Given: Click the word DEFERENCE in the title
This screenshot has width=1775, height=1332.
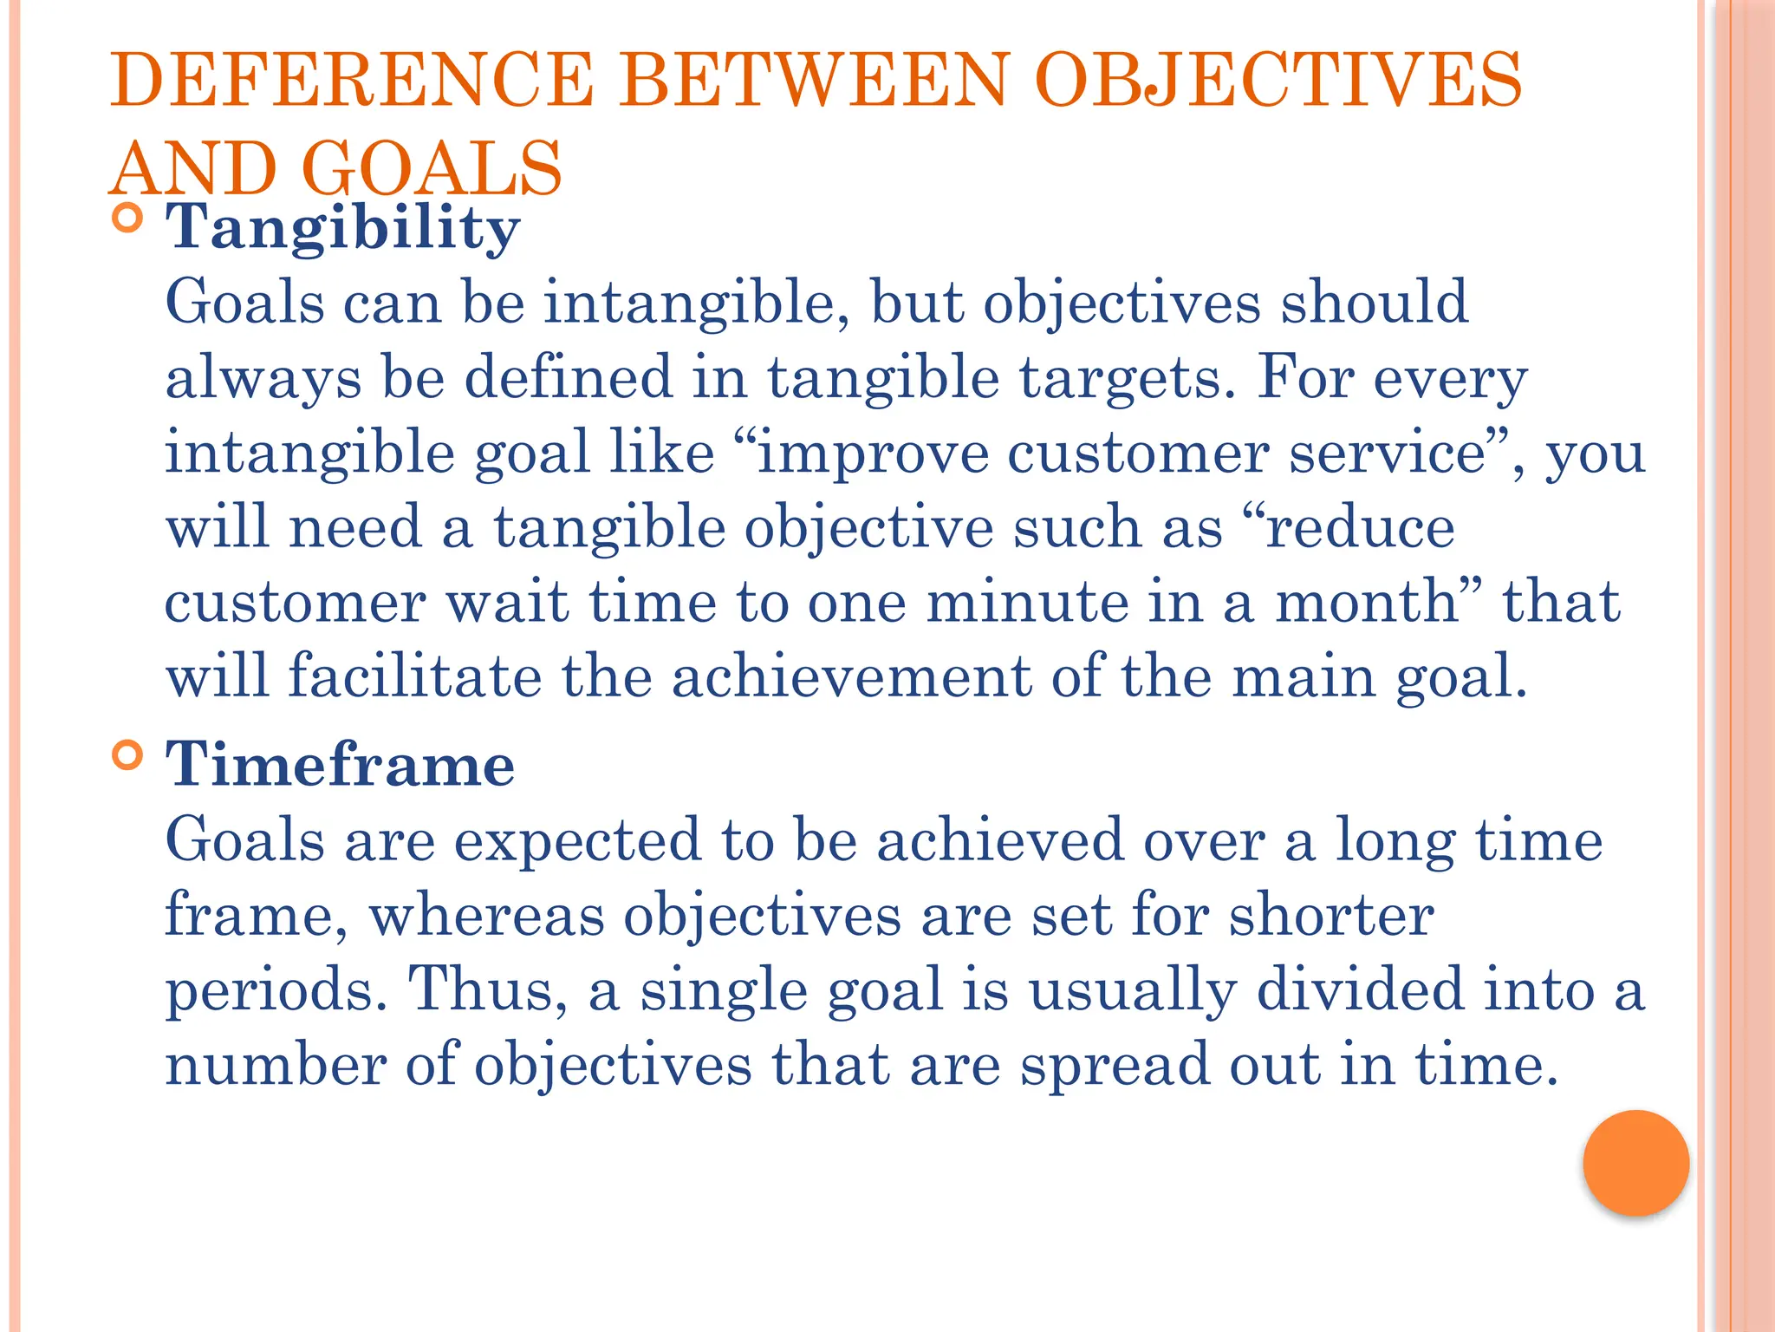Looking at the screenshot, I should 352,80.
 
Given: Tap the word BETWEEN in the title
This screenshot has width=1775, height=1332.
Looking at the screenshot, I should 813,80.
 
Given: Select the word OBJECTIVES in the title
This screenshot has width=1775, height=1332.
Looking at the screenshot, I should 1278,80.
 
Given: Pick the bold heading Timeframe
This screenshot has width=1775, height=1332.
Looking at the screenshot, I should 340,766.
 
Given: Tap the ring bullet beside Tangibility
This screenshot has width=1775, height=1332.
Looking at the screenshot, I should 127,218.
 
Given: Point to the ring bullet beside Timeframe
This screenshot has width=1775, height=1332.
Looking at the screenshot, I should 127,755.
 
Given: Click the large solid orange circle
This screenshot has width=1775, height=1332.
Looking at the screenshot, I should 1635,1163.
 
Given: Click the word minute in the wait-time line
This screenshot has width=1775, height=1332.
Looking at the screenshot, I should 1026,603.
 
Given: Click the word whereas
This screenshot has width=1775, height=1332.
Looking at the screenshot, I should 486,916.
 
